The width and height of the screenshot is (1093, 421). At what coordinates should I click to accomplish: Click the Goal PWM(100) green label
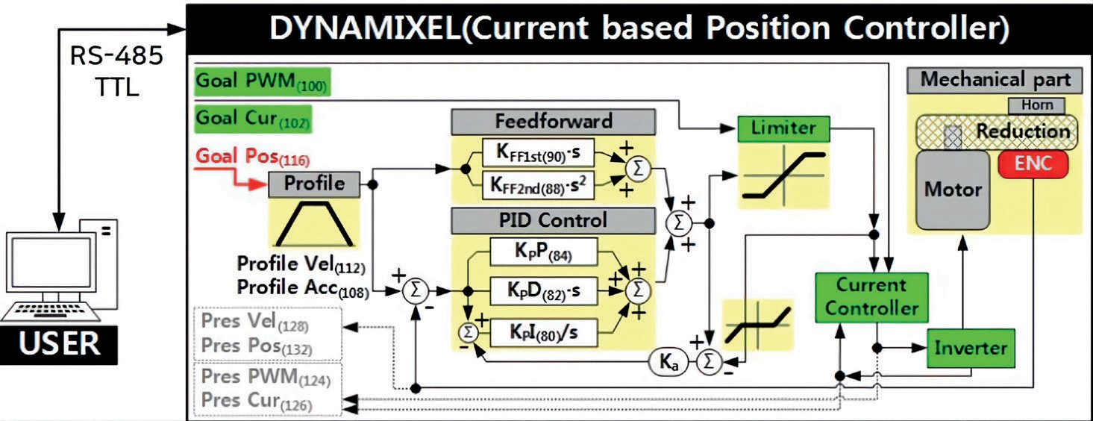[x=261, y=82]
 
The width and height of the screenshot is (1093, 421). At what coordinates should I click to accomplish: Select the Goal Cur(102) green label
[x=253, y=119]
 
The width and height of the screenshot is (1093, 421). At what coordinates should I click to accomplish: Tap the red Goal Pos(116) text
[x=252, y=157]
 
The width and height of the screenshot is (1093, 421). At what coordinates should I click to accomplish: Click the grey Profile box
[x=314, y=183]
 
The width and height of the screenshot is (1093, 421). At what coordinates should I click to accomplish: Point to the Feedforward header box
[x=553, y=122]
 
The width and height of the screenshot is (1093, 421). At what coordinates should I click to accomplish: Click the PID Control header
[x=553, y=221]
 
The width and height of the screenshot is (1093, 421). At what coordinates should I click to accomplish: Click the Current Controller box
[x=871, y=296]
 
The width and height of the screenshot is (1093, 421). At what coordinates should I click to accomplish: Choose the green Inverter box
[x=970, y=347]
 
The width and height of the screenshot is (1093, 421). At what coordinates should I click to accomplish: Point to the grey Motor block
[x=953, y=190]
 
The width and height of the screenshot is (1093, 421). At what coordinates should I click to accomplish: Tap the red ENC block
[x=1033, y=163]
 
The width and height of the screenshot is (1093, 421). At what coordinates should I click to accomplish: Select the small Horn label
[x=1036, y=106]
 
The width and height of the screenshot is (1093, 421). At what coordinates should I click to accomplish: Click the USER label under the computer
[x=59, y=344]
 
